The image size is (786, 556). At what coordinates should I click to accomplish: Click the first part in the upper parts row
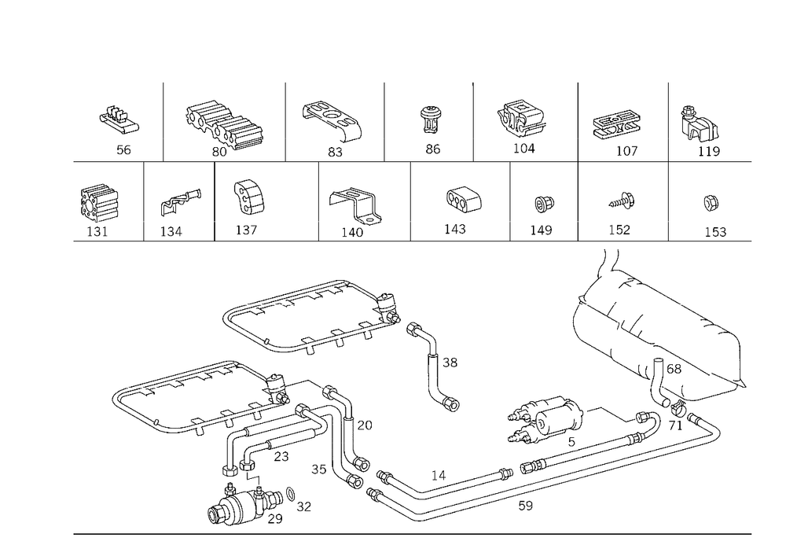point(119,120)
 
